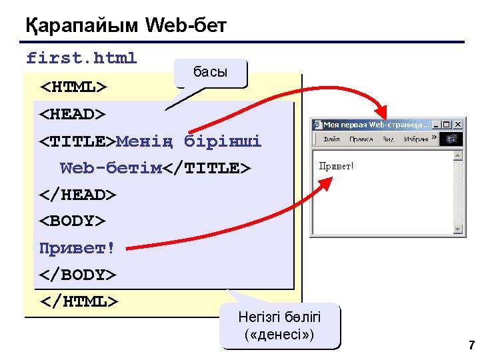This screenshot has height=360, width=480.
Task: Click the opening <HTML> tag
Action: [73, 87]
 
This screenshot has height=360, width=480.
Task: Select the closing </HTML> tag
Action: [79, 301]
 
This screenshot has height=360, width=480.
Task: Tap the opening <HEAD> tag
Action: [73, 115]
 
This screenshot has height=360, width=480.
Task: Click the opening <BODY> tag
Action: [73, 221]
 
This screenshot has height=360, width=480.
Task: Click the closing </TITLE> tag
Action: [208, 168]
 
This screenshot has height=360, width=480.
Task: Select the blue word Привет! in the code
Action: [77, 248]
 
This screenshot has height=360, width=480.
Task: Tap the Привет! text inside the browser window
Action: [337, 165]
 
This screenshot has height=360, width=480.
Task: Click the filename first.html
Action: [81, 59]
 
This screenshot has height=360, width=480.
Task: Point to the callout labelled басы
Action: [210, 72]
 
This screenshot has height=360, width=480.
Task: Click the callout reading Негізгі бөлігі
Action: [280, 325]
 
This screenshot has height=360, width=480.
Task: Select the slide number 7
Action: [471, 345]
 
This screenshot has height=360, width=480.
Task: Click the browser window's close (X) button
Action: [458, 125]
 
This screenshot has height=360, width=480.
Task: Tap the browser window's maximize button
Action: [447, 125]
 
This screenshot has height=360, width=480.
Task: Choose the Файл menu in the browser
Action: [331, 139]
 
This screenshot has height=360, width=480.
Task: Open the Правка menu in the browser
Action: [361, 139]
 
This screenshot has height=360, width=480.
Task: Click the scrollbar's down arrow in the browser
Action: [458, 230]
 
